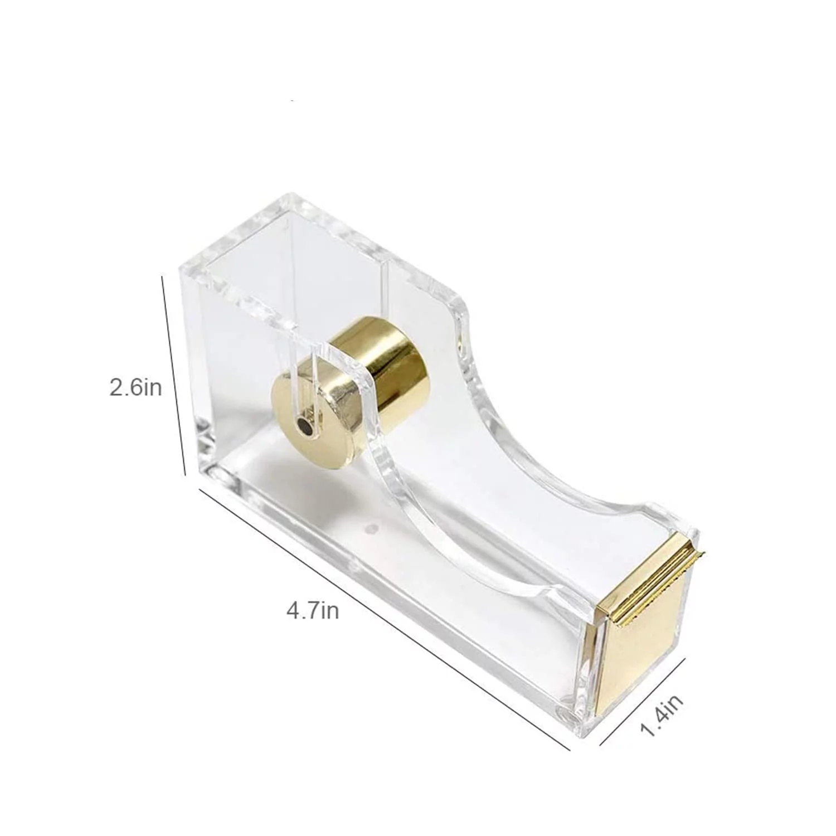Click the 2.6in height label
click(x=135, y=387)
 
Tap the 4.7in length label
click(x=313, y=611)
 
